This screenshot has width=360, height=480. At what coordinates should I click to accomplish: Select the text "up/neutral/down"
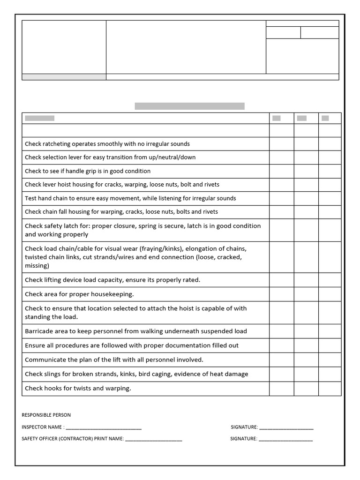tap(173, 157)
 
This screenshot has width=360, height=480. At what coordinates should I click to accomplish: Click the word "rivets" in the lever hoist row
tap(210, 185)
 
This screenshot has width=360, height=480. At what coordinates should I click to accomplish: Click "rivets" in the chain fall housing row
tap(209, 212)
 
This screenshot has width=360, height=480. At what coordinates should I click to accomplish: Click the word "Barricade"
tap(40, 331)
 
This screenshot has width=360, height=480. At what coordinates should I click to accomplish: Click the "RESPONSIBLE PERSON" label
tap(46, 415)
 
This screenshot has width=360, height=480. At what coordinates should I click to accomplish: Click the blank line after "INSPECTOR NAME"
tap(104, 427)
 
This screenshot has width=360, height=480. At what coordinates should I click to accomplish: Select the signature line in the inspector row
tap(286, 427)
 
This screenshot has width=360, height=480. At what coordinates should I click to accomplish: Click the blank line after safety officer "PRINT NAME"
tap(153, 439)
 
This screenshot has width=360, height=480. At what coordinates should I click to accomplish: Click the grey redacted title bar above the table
tap(189, 106)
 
